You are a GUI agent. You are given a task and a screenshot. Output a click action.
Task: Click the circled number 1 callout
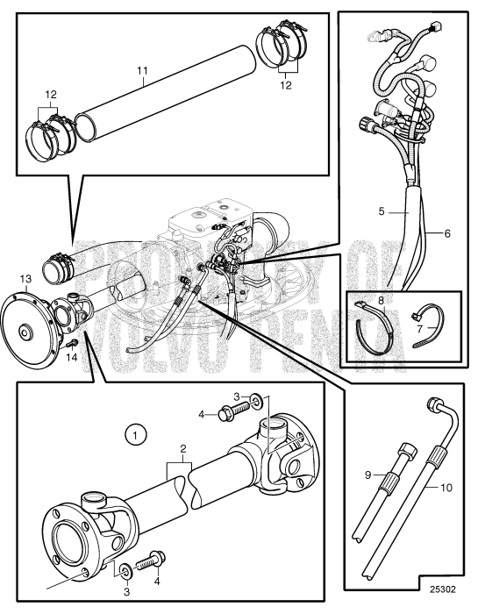[x=135, y=435]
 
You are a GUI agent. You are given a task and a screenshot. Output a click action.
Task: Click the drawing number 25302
[x=443, y=589]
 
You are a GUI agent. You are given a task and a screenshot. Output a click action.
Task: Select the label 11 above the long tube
[x=142, y=71]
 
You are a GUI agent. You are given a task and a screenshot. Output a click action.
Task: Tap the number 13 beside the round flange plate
[x=25, y=279]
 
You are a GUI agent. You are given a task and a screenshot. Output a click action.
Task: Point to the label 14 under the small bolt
[x=72, y=357]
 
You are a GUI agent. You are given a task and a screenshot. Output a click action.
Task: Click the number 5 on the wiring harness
[x=382, y=212]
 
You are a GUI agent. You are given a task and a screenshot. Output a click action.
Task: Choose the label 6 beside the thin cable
[x=447, y=234]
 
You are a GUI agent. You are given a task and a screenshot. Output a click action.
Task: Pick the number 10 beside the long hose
[x=446, y=488]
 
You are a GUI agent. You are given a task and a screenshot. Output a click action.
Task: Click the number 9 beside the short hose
[x=367, y=475]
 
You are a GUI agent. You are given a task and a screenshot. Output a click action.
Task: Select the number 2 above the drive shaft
[x=182, y=449]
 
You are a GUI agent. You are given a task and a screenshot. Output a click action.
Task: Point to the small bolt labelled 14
[x=72, y=344]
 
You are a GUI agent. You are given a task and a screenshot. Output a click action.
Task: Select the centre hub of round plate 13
[x=25, y=332]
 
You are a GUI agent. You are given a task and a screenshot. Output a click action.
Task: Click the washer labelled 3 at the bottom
[x=127, y=569]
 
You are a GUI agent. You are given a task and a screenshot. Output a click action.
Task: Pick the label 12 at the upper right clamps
[x=286, y=85]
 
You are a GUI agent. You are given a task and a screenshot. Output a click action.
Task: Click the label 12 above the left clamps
[x=51, y=95]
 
